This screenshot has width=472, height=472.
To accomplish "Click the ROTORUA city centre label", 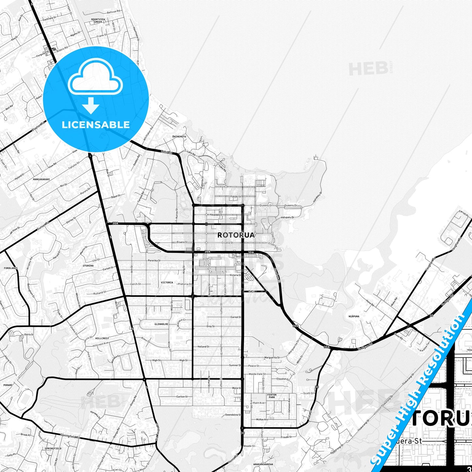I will pos(236,235).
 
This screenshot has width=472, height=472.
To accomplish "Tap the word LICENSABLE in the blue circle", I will pos(96,125).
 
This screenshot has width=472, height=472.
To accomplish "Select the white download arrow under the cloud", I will pos(91,105).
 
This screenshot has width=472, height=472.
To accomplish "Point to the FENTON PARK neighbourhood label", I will pos(272,396).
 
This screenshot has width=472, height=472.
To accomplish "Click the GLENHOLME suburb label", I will pos(161,324).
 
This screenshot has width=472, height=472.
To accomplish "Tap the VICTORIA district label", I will pos(167,283).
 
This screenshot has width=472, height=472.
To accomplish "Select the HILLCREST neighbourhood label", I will pos(102,338).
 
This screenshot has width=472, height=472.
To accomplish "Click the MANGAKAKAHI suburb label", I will pos(41,179).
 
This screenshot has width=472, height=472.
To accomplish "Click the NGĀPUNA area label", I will pos(354,316).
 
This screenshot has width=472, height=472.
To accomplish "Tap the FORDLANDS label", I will pos(10,268).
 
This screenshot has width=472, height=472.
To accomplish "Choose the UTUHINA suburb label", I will pos(88,266).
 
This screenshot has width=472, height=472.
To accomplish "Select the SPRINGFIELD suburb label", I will pos(53,448).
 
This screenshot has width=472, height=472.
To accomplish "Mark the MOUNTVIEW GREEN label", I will pos(98,21).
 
